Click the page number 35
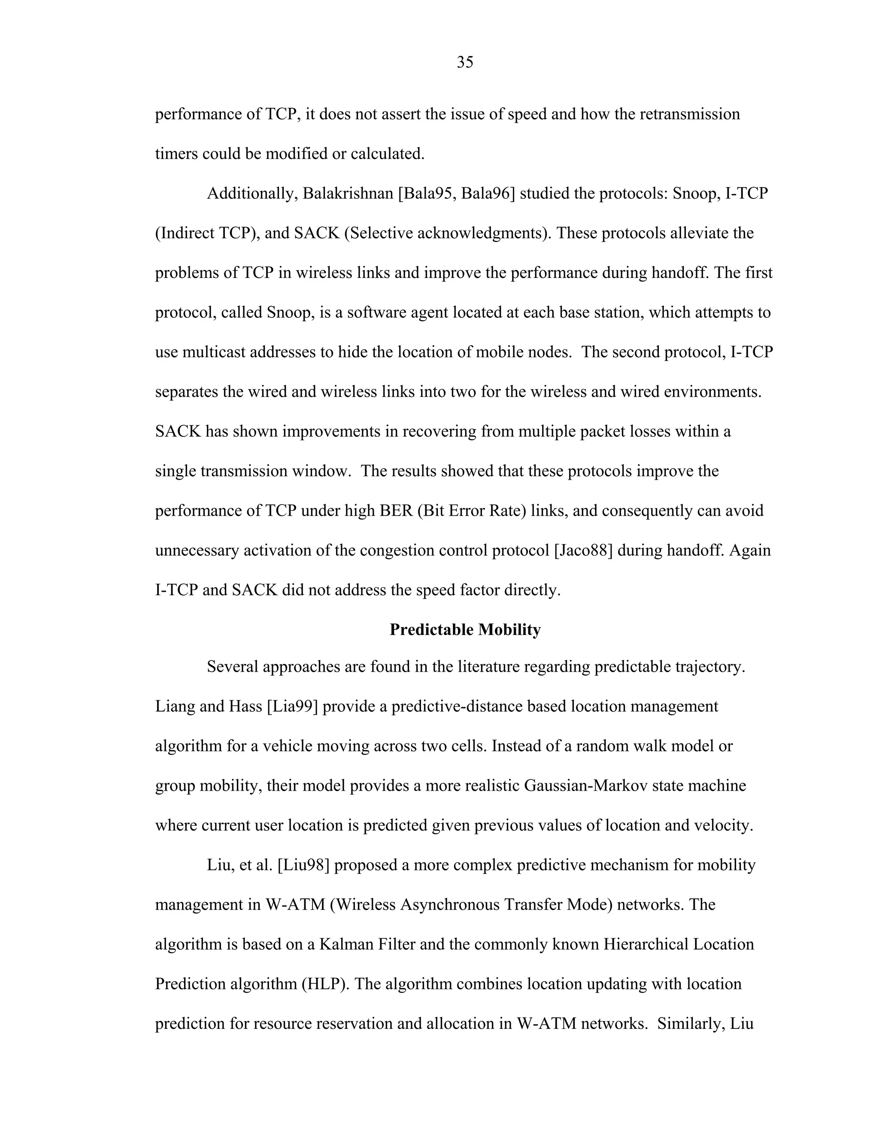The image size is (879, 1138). pos(464,63)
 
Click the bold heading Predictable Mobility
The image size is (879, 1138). pos(464,630)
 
